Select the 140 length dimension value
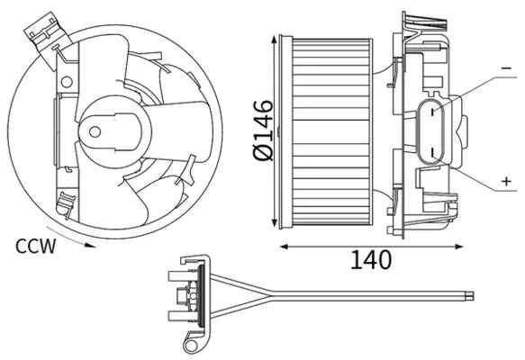point(370,260)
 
